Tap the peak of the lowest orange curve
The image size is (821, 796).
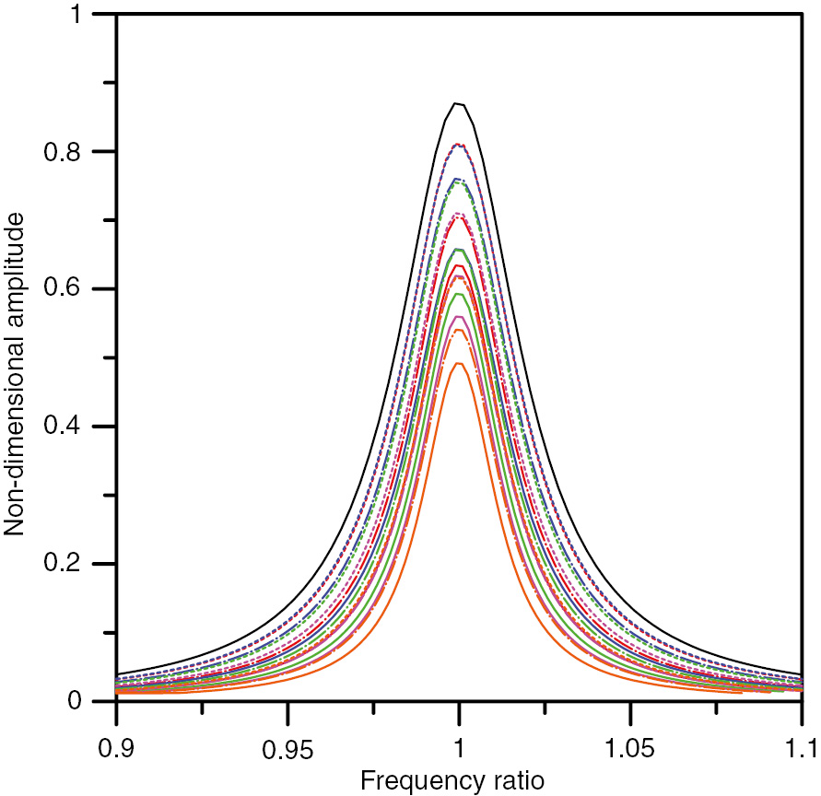click(x=459, y=363)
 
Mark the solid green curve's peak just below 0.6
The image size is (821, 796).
click(x=459, y=294)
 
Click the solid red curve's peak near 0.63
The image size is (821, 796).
click(x=459, y=266)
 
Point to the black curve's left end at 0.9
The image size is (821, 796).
click(x=117, y=674)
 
